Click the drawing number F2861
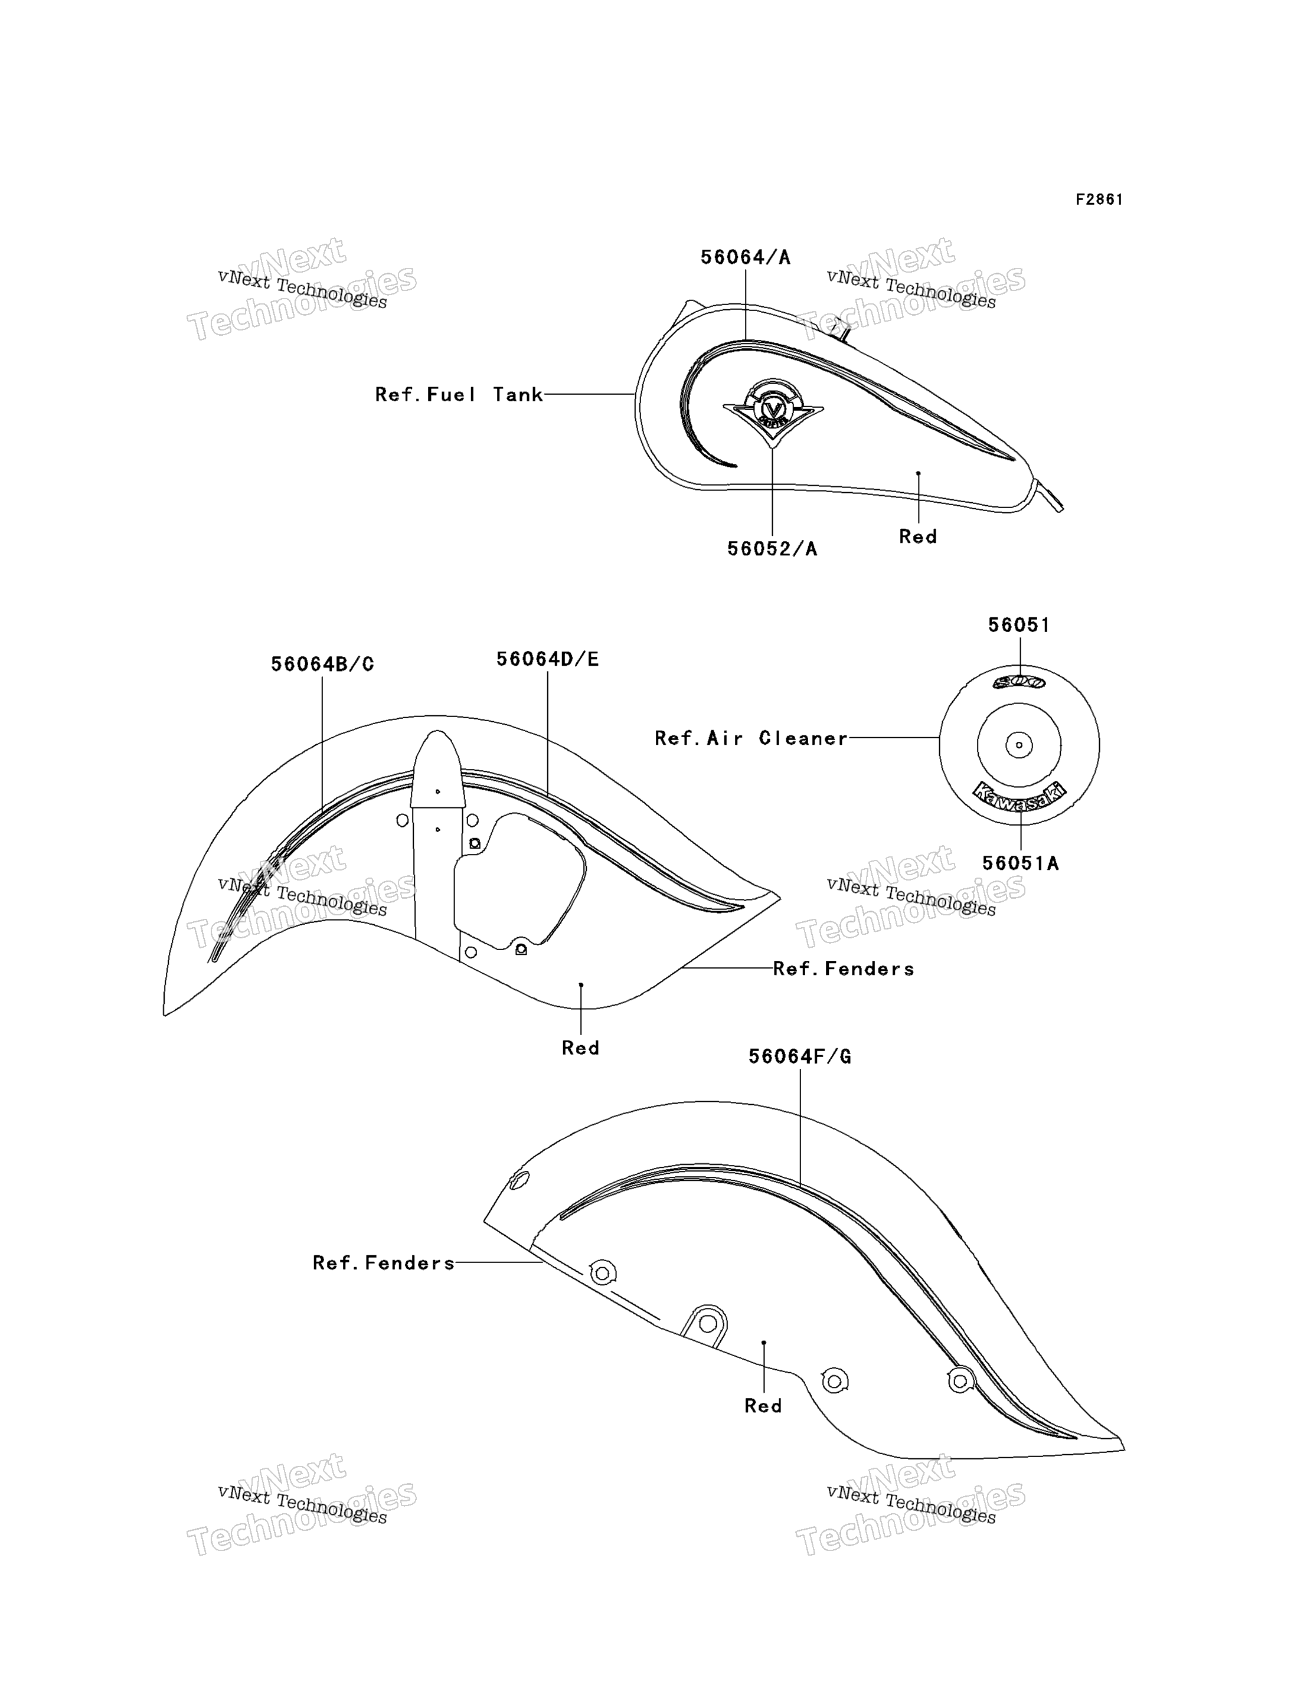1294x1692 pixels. (x=1099, y=199)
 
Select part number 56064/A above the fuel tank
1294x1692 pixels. (x=745, y=257)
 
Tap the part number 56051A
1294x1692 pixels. (x=1020, y=863)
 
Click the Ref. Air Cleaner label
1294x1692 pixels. (x=751, y=738)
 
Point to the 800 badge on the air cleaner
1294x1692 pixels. (x=1018, y=682)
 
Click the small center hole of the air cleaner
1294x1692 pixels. (x=1019, y=745)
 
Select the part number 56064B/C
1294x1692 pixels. (x=322, y=664)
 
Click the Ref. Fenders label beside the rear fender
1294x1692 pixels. (x=384, y=1262)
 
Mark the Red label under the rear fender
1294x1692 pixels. (x=763, y=1406)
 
